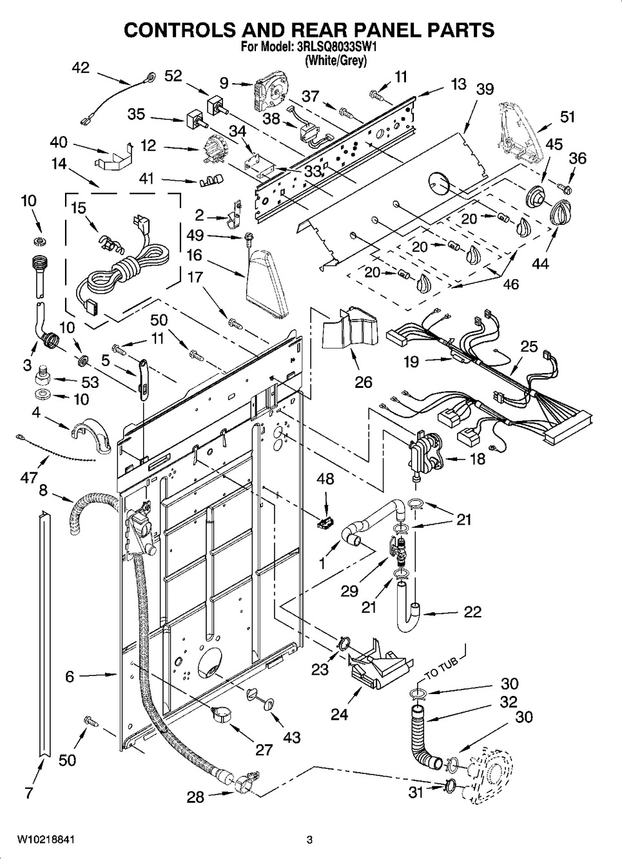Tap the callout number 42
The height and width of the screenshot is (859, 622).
81,69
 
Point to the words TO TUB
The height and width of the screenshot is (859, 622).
441,670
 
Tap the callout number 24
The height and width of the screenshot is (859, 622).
340,713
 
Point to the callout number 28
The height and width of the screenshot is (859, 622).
195,797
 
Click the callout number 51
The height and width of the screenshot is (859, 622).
567,117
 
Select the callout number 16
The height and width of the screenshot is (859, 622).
195,256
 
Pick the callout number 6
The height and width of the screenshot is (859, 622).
70,676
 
